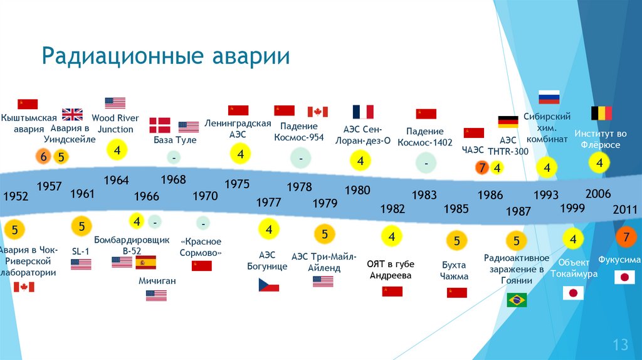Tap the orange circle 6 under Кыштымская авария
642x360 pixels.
pyautogui.click(x=43, y=157)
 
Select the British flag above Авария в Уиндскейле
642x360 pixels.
pyautogui.click(x=72, y=114)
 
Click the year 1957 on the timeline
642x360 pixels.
pyautogui.click(x=49, y=186)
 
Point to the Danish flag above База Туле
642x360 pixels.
pyautogui.click(x=159, y=125)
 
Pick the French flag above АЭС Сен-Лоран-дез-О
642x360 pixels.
pyautogui.click(x=363, y=112)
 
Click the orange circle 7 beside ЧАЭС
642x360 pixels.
pyautogui.click(x=481, y=167)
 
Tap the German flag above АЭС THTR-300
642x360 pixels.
pyautogui.click(x=507, y=122)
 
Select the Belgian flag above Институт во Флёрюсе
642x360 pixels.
pyautogui.click(x=601, y=113)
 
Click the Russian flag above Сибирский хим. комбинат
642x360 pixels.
pyautogui.click(x=549, y=97)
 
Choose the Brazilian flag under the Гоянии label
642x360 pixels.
pyautogui.click(x=517, y=300)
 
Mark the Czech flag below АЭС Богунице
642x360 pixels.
pyautogui.click(x=268, y=285)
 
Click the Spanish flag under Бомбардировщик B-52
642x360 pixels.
pyautogui.click(x=145, y=262)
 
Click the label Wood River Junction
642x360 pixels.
pyautogui.click(x=115, y=124)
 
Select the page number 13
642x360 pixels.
pyautogui.click(x=620, y=344)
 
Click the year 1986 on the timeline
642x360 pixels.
pyautogui.click(x=490, y=195)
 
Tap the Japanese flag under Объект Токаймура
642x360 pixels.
pyautogui.click(x=572, y=293)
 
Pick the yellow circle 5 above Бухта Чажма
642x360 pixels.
pyautogui.click(x=456, y=240)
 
